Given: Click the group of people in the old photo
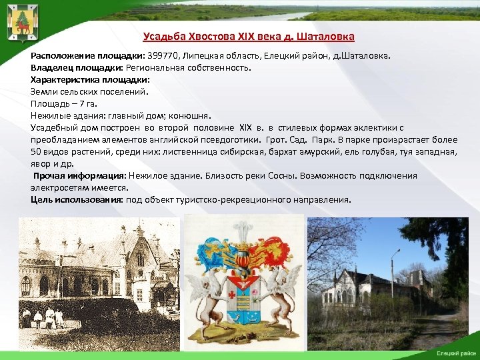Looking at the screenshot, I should (x=43, y=317).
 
